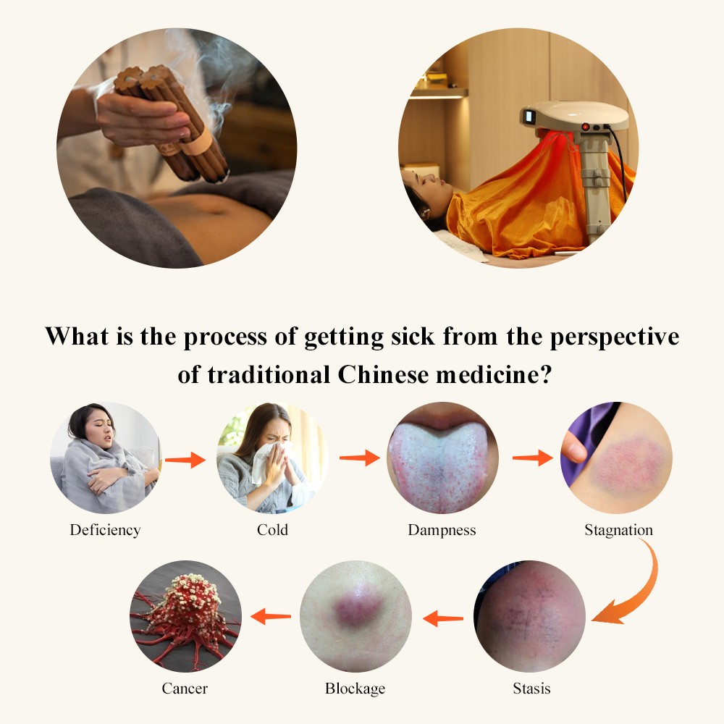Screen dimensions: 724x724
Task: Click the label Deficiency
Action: [105, 530]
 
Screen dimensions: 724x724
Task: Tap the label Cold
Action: [272, 530]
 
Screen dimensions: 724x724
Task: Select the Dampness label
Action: [442, 530]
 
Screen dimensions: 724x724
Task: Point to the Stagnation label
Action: [619, 530]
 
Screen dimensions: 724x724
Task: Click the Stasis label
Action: [531, 689]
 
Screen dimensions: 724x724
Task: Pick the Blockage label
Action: [355, 689]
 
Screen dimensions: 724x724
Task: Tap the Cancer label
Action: [185, 689]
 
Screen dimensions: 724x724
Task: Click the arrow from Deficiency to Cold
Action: [185, 460]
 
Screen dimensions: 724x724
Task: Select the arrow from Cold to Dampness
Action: [360, 458]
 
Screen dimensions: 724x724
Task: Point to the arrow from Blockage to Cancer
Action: [271, 616]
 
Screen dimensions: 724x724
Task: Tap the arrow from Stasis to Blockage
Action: [443, 618]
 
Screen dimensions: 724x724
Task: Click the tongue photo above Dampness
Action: [442, 458]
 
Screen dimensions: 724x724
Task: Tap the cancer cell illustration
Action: [186, 616]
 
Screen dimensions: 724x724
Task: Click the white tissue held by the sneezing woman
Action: [268, 462]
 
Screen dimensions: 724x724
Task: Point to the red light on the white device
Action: [585, 126]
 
